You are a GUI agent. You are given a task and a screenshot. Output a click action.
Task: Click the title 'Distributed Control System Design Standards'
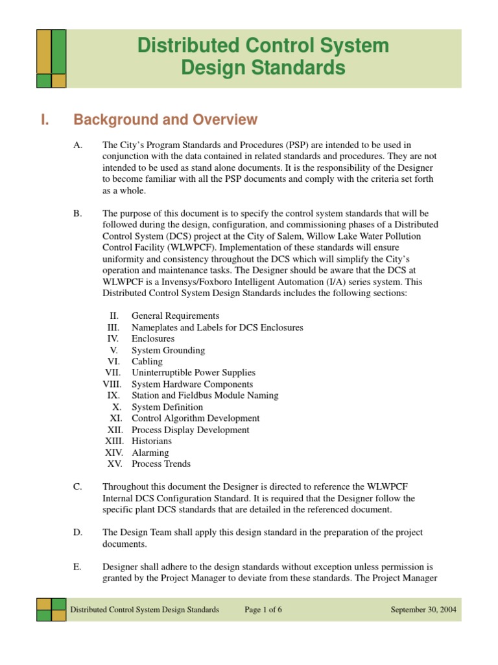(x=263, y=56)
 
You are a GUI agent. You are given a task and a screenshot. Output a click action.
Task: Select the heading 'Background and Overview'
(x=165, y=120)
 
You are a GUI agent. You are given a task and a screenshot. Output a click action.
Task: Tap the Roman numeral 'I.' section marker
(x=45, y=120)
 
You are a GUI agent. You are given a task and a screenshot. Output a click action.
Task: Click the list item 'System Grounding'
(x=168, y=350)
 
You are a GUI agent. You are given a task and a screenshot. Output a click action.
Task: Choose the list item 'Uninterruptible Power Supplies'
(x=193, y=373)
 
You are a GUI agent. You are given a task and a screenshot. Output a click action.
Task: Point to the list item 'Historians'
(x=152, y=441)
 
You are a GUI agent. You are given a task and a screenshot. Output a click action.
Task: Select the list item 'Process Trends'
(x=161, y=464)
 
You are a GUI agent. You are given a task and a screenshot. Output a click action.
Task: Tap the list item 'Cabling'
(x=147, y=362)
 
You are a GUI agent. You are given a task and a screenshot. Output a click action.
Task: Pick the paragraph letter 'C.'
(x=78, y=487)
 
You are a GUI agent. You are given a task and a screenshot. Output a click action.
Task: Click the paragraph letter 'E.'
(x=78, y=567)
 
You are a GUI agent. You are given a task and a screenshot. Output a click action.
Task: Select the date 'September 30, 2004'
(x=422, y=610)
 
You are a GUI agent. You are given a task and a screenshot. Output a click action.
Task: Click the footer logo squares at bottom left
(x=51, y=610)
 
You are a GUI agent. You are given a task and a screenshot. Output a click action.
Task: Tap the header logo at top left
(x=51, y=58)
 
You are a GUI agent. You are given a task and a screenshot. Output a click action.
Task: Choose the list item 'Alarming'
(x=150, y=453)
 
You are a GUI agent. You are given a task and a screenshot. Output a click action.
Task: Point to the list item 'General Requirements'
(x=175, y=316)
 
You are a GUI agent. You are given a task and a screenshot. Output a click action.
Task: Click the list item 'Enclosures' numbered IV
(x=153, y=339)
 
